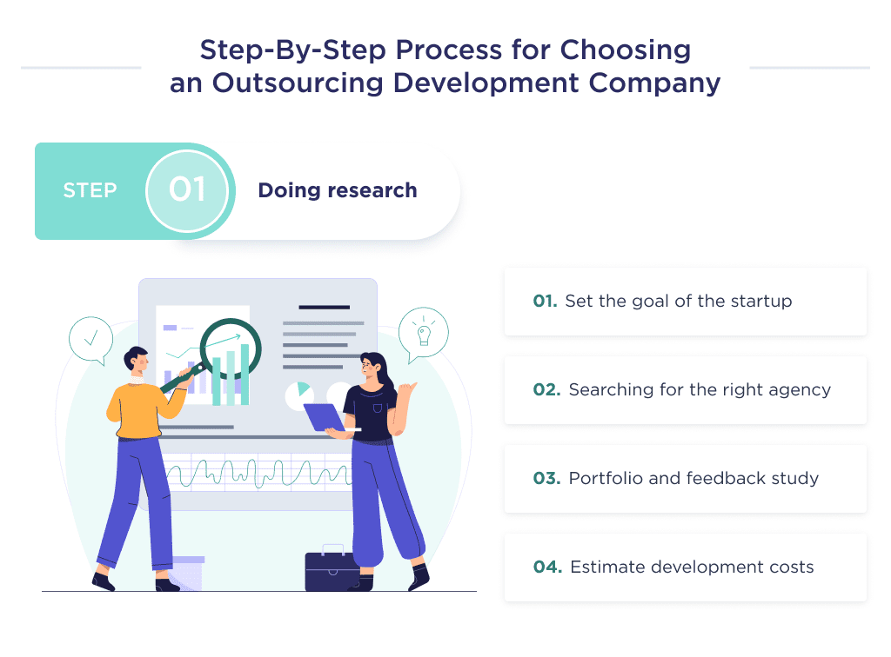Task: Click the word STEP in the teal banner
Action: pos(90,190)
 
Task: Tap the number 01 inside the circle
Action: pos(187,190)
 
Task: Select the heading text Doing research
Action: pos(338,190)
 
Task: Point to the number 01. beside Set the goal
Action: pos(545,302)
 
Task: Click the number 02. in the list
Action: pos(546,390)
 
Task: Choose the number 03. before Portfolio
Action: pos(546,479)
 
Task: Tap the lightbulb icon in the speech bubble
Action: pos(424,332)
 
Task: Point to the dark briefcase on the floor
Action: pos(332,569)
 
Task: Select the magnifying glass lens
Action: pos(230,349)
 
